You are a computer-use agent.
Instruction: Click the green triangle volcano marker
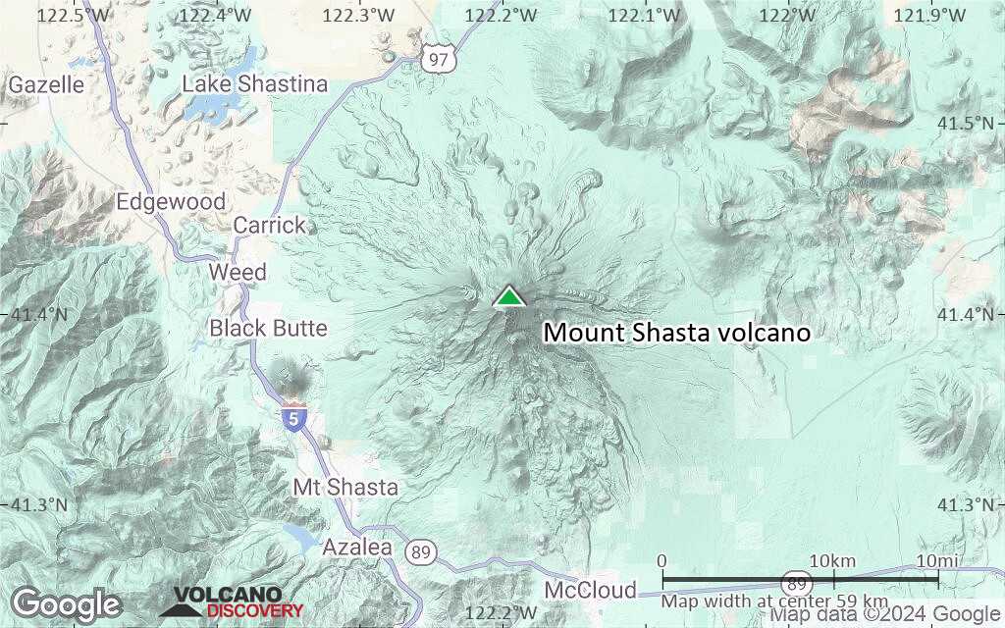(508, 295)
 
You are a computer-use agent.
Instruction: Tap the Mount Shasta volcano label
(677, 333)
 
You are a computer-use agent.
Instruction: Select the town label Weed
(238, 272)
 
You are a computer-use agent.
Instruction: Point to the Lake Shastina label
(255, 84)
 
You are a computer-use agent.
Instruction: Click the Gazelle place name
(46, 84)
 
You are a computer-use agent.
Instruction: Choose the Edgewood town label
(171, 202)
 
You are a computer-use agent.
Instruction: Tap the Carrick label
(270, 225)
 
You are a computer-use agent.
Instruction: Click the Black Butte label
(268, 328)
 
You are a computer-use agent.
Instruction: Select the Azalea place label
(357, 547)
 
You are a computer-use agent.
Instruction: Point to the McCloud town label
(590, 590)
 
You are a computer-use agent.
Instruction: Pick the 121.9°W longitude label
(929, 15)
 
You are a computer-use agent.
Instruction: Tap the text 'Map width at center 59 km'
(774, 601)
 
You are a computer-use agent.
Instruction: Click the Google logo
(66, 603)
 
